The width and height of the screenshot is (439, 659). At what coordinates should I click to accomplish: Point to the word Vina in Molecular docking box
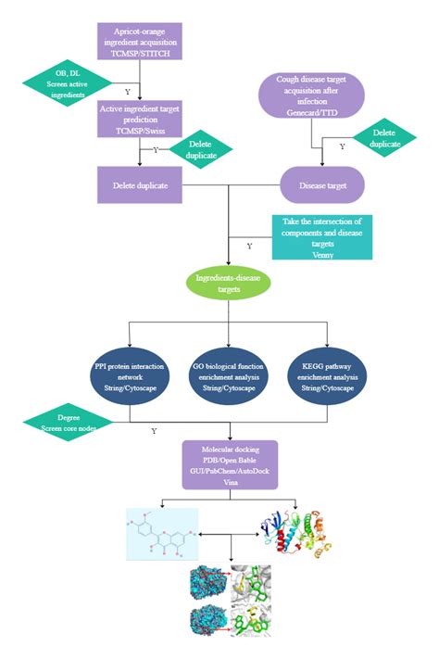(228, 483)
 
